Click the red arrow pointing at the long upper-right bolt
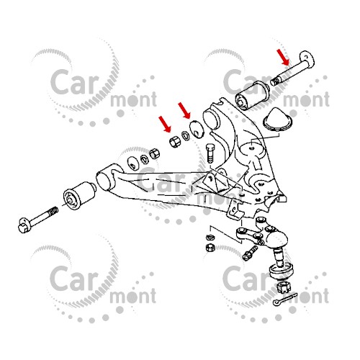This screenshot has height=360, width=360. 283,58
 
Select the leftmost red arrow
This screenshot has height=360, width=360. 165,124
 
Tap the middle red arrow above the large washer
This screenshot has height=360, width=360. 184,111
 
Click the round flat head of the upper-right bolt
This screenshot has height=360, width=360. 307,59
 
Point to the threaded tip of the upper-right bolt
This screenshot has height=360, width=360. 275,81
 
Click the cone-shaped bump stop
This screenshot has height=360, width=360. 279,120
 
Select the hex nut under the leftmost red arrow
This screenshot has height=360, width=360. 175,142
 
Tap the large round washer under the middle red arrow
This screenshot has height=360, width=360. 197,130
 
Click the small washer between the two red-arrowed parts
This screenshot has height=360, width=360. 186,136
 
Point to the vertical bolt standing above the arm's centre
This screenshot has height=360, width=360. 210,153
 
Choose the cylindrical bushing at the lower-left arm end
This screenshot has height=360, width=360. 80,195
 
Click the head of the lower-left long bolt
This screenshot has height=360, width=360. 24,225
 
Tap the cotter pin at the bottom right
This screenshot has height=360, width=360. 285,299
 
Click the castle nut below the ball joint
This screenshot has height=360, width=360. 283,287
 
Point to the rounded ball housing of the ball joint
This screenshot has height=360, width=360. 276,239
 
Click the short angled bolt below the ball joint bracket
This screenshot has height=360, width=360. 250,253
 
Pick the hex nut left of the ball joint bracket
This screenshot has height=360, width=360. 210,247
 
